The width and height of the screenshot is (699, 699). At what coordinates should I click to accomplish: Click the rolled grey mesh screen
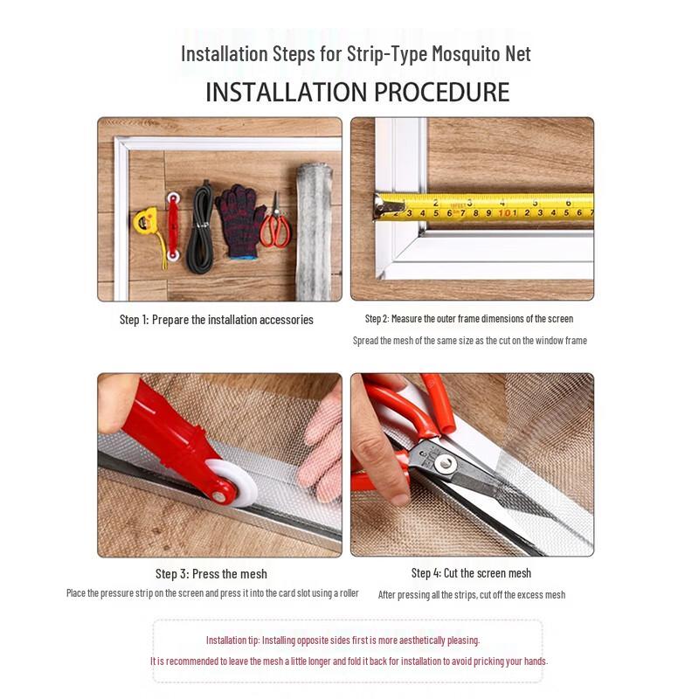point(314,232)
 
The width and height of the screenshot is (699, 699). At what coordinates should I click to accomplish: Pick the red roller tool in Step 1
point(173,226)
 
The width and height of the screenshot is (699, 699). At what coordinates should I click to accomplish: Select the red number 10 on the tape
point(504,213)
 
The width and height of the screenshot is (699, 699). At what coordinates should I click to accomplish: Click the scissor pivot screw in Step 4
point(445,464)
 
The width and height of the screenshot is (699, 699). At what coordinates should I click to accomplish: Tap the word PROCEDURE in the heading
point(442,92)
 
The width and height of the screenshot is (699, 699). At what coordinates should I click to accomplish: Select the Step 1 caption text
point(216,320)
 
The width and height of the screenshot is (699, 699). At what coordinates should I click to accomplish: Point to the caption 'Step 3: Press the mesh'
point(211,574)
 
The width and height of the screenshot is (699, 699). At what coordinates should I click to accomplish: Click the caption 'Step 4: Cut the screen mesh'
point(471,573)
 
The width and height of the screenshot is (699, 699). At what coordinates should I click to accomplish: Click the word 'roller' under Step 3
point(349,593)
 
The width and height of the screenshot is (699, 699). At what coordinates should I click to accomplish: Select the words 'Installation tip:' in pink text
point(232,640)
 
